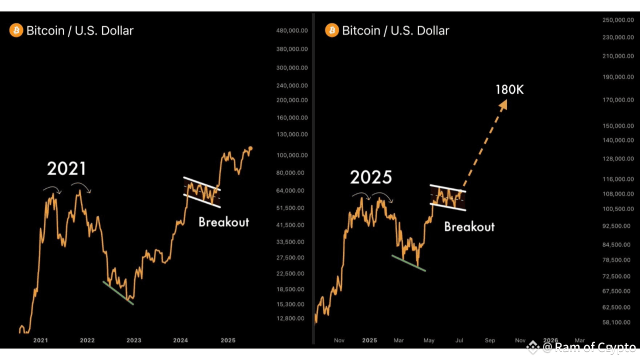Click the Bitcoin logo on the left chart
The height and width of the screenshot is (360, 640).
pyautogui.click(x=16, y=30)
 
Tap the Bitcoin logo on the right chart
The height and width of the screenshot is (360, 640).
pyautogui.click(x=332, y=30)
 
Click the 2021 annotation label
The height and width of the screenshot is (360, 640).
pyautogui.click(x=66, y=168)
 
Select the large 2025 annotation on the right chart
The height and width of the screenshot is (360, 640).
pyautogui.click(x=371, y=177)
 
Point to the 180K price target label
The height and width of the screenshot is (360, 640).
pyautogui.click(x=509, y=90)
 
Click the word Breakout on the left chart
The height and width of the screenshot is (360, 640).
pyautogui.click(x=223, y=222)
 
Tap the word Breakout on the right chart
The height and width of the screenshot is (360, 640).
pyautogui.click(x=469, y=226)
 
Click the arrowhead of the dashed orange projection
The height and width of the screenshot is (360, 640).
pyautogui.click(x=502, y=104)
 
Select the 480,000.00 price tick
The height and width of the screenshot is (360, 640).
pyautogui.click(x=291, y=31)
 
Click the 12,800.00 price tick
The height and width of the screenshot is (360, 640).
pyautogui.click(x=291, y=318)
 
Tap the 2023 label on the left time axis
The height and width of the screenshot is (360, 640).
pyautogui.click(x=133, y=340)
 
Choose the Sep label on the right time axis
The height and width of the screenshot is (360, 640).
pyautogui.click(x=490, y=340)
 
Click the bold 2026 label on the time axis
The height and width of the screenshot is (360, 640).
pyautogui.click(x=550, y=340)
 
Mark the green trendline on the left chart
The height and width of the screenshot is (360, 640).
pyautogui.click(x=118, y=293)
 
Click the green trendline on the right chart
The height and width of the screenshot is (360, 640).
pyautogui.click(x=408, y=263)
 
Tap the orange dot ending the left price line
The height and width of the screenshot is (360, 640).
pyautogui.click(x=250, y=148)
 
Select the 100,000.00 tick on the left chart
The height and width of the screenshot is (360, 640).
pyautogui.click(x=291, y=155)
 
